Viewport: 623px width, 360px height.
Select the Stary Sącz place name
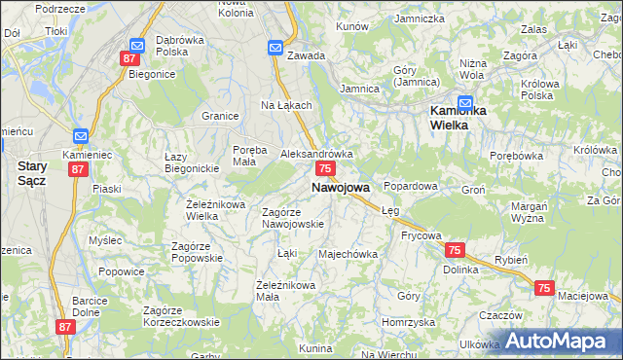(x=33, y=173)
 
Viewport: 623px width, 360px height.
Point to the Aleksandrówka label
(x=316, y=154)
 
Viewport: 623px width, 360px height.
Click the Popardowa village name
(x=411, y=185)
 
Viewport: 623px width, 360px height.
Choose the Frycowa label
(x=421, y=235)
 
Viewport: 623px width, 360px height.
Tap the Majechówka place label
(x=348, y=255)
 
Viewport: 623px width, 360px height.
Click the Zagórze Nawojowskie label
(x=293, y=218)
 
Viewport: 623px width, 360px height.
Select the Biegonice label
(x=151, y=73)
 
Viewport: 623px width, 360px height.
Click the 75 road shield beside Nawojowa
(x=326, y=169)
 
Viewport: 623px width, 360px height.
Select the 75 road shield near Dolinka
(x=454, y=250)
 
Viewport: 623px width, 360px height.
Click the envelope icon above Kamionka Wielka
(x=465, y=99)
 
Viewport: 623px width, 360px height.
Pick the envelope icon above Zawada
(x=275, y=46)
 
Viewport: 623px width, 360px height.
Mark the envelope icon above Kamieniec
(x=80, y=136)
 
